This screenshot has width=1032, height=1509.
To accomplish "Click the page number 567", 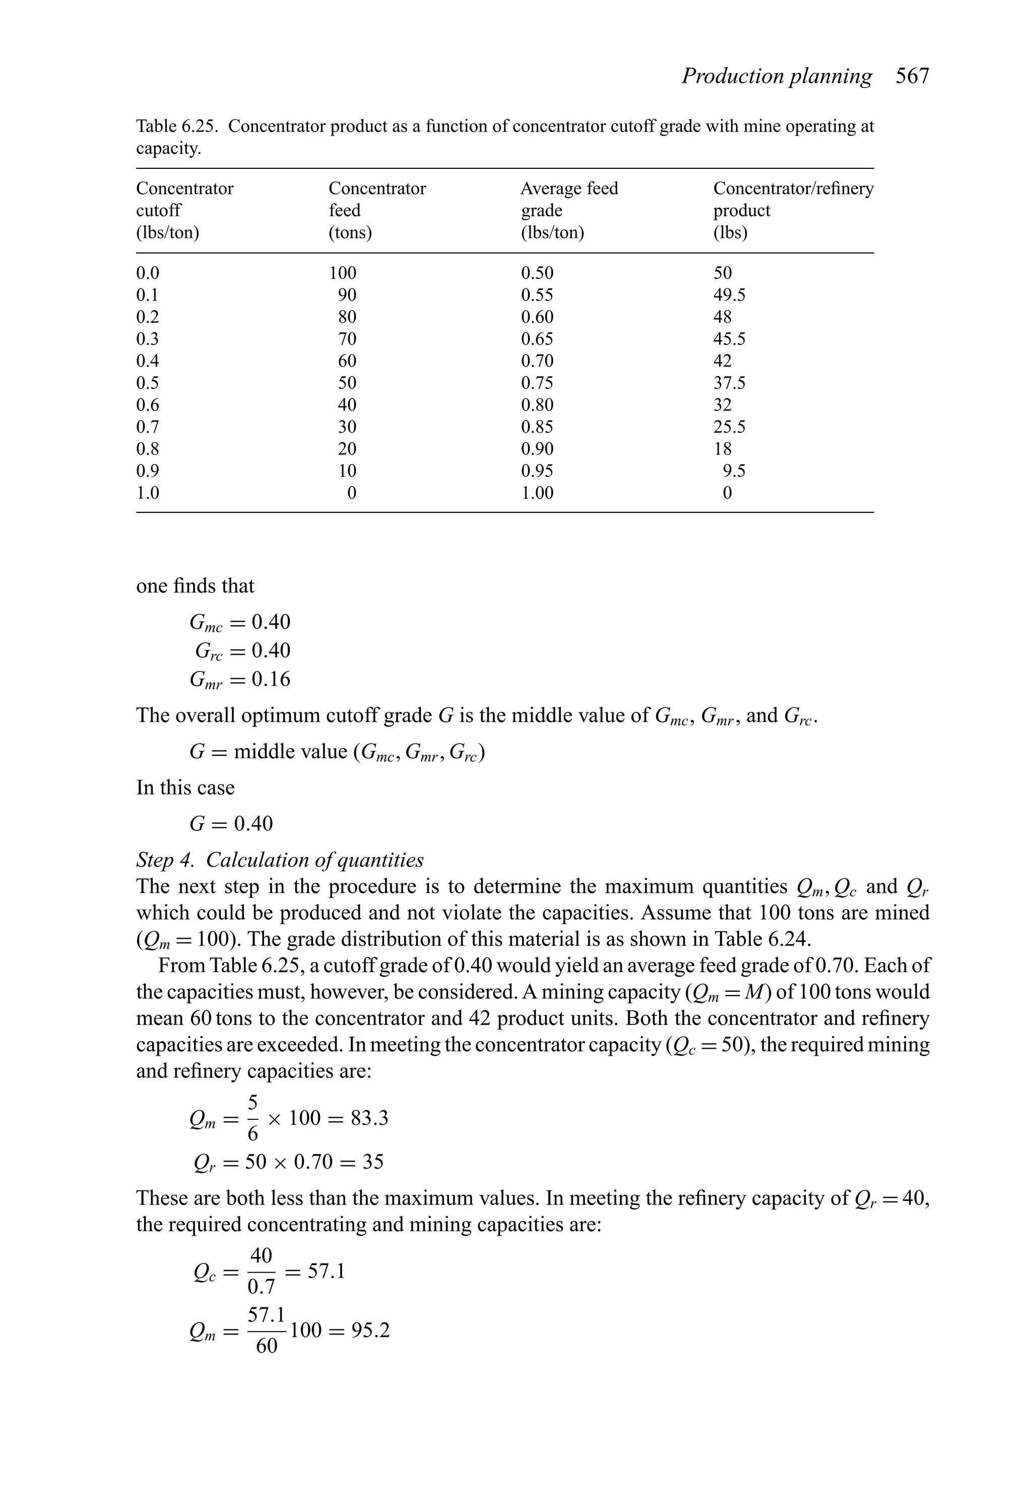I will pos(912,77).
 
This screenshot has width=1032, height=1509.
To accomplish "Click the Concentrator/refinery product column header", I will pos(793,210).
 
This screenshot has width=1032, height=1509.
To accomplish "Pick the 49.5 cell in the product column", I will pos(729,295).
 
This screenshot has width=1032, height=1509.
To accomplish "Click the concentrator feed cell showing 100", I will pos(342,273).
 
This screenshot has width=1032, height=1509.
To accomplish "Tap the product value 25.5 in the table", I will pos(729,427).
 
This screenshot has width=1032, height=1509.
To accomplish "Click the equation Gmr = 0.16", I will pos(239,679).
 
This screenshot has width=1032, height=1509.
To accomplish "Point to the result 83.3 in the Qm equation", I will pos(369,1118).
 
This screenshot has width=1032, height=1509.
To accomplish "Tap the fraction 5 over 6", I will pos(252,1118).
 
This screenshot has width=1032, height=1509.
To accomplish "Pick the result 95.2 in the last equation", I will pos(370,1331).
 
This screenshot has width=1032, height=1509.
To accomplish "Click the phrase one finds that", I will pos(195,586).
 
